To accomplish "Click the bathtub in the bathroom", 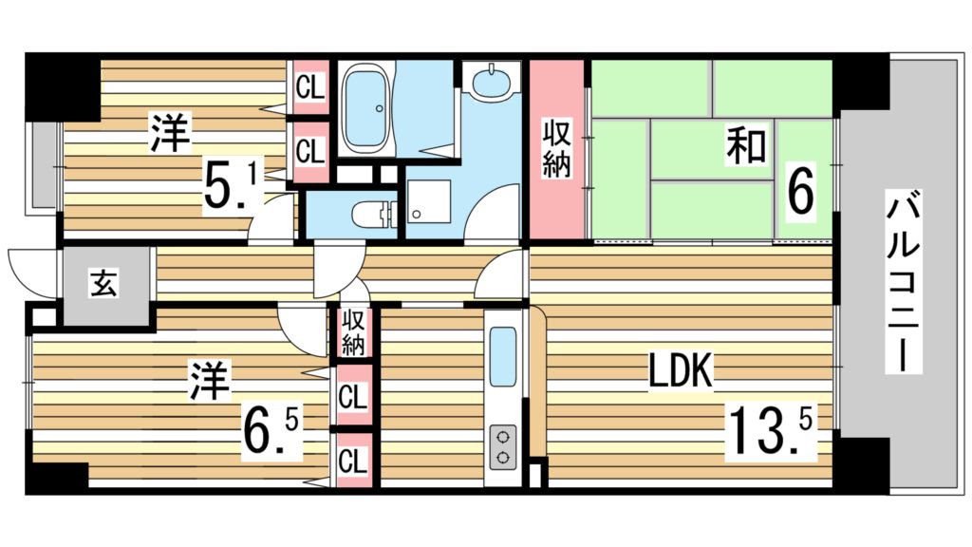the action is (367, 109).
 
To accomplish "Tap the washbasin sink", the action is (493, 81).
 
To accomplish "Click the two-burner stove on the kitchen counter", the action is (503, 447).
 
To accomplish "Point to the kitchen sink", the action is (503, 356).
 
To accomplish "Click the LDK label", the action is (680, 371).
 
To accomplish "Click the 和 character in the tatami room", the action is (747, 144).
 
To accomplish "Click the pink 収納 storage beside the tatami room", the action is (556, 149).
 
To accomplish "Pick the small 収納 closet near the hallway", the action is (352, 333).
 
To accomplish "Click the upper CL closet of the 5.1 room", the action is (310, 87).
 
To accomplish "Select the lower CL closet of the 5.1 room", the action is (310, 151).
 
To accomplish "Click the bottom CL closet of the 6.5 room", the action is (353, 461).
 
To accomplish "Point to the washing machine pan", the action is (428, 201).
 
